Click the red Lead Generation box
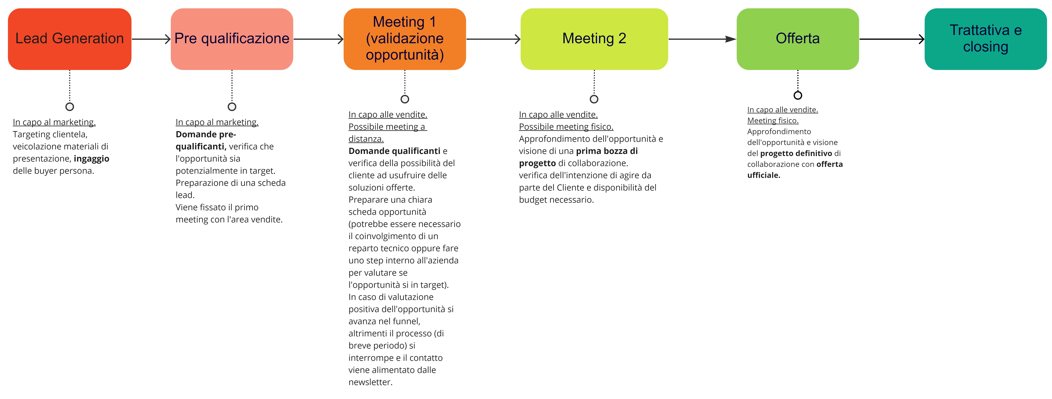69,39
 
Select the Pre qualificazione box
232,39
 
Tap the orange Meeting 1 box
404,39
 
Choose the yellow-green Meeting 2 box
594,39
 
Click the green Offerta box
797,39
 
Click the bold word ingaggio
91,159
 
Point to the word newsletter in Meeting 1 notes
370,382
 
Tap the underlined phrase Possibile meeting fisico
566,127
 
